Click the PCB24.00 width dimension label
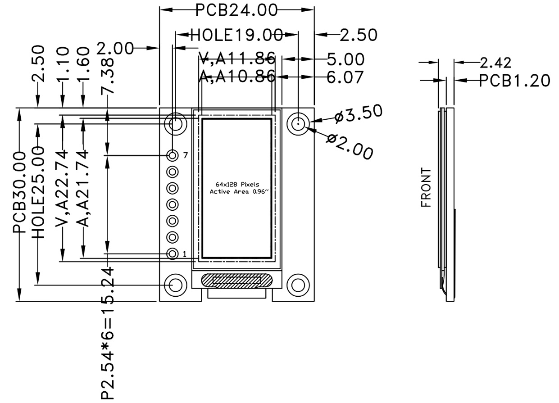pyautogui.click(x=236, y=10)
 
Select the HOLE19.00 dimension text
pyautogui.click(x=236, y=35)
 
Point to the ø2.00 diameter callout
pyautogui.click(x=350, y=146)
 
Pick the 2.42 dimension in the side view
pyautogui.click(x=495, y=63)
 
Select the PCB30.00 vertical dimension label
pyautogui.click(x=19, y=193)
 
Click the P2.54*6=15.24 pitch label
pyautogui.click(x=107, y=333)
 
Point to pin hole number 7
pyautogui.click(x=172, y=155)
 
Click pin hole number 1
pyautogui.click(x=172, y=254)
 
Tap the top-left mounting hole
pyautogui.click(x=175, y=123)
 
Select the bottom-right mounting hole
pyautogui.click(x=298, y=285)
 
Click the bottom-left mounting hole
pyautogui.click(x=175, y=285)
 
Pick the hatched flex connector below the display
pyautogui.click(x=236, y=280)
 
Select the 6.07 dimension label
pyautogui.click(x=345, y=77)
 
